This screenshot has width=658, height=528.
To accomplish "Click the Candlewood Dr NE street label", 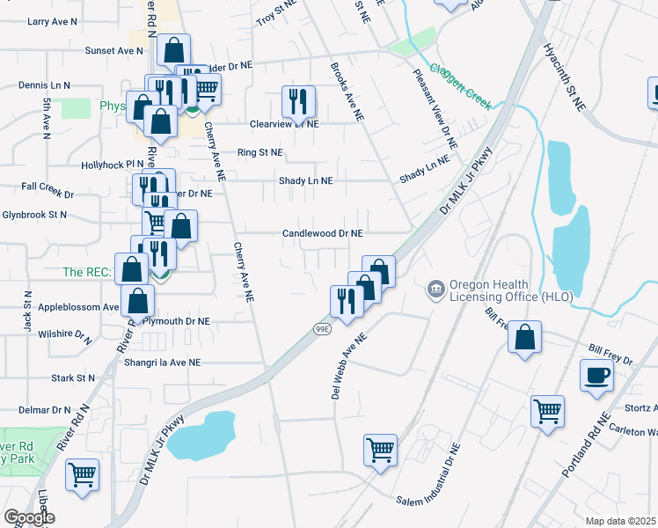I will pyautogui.click(x=322, y=234).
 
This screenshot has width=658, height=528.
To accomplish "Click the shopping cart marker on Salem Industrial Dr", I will pyautogui.click(x=380, y=449).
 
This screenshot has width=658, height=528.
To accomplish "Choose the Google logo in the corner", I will pyautogui.click(x=29, y=517).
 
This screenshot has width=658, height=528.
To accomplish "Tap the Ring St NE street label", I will pyautogui.click(x=260, y=152).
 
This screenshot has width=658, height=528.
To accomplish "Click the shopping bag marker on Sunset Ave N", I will pyautogui.click(x=173, y=51).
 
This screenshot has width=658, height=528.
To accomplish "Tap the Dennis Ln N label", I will pyautogui.click(x=44, y=86).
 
